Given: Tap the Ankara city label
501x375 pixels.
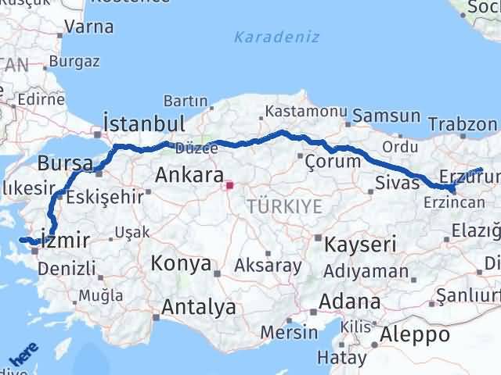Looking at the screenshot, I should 189,175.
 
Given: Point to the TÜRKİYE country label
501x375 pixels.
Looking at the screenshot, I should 284,206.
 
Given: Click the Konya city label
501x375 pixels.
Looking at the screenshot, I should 181,263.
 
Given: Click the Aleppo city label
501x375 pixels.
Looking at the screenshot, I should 415,334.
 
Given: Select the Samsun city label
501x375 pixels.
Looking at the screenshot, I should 386,116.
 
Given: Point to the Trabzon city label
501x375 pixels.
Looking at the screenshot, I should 463,124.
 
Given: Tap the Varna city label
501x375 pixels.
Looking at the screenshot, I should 88,26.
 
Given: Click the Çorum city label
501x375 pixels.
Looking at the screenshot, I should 333,162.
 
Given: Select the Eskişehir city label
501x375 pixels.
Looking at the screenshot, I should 106,196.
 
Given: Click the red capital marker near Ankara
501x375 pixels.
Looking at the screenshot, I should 229,186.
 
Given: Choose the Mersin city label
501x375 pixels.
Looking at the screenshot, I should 289,332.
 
